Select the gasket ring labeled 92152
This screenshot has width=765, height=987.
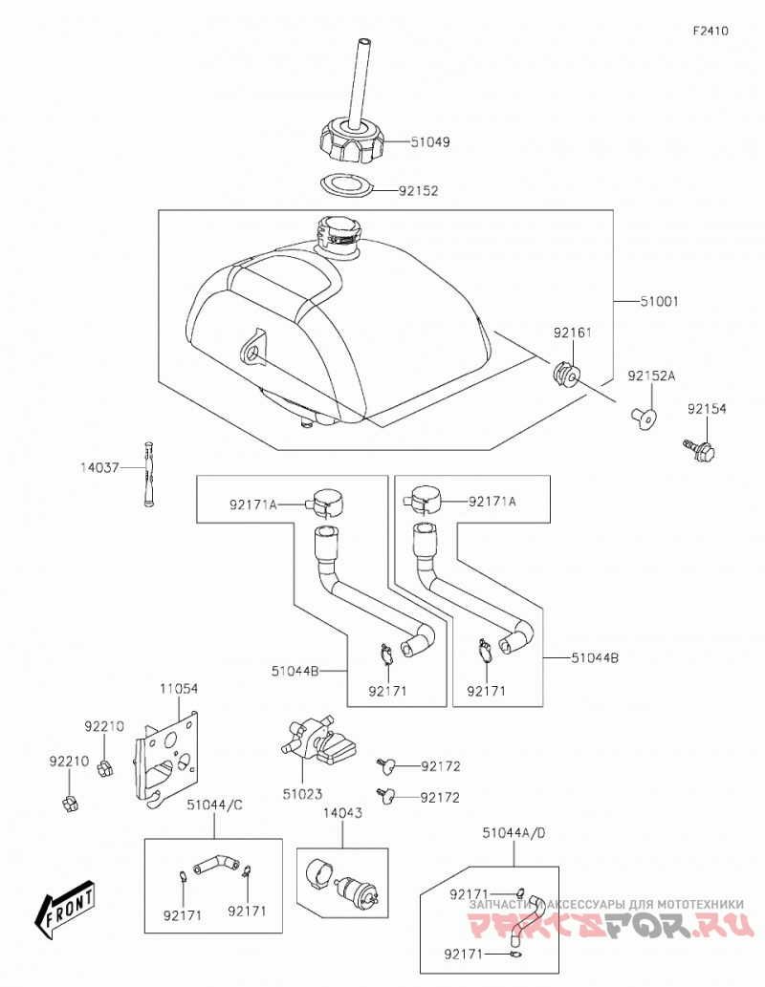[345, 186]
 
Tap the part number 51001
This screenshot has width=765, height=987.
[659, 302]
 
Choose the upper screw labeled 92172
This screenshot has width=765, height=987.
[386, 765]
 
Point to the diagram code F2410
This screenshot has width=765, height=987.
[710, 31]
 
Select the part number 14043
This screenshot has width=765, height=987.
[342, 813]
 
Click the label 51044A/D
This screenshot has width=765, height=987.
[514, 833]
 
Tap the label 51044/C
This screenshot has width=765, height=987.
[214, 805]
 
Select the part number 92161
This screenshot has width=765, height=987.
[573, 333]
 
